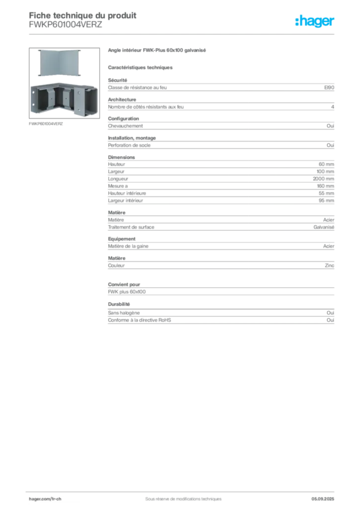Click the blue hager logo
coord(315,21)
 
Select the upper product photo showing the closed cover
coord(59,63)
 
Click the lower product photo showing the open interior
coord(63,99)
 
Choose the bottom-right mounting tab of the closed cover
coord(80,76)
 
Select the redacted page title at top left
coord(82,15)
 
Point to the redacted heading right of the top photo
coord(157,51)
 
